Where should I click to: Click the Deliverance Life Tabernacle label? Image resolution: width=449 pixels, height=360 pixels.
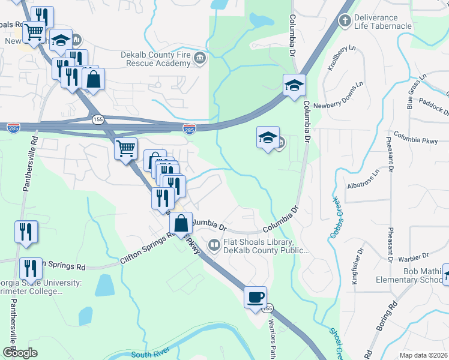pyautogui.click(x=383, y=22)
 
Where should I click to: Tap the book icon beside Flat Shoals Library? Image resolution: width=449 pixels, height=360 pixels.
pyautogui.click(x=214, y=245)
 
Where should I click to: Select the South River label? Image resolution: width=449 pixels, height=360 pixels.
pyautogui.click(x=149, y=355)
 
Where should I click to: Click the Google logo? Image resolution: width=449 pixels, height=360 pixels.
pyautogui.click(x=20, y=353)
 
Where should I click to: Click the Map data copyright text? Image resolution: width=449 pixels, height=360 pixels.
pyautogui.click(x=423, y=355)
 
